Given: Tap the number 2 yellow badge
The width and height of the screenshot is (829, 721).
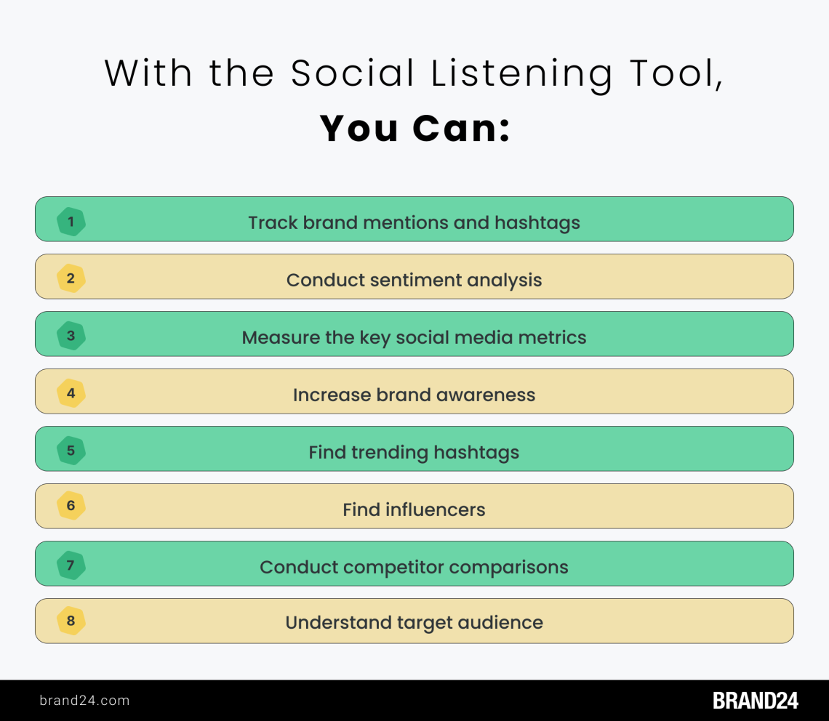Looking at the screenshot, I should click(71, 278).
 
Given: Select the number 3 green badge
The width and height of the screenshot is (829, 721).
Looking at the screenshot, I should click(71, 336).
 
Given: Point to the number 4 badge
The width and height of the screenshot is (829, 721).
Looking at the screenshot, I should click(71, 393).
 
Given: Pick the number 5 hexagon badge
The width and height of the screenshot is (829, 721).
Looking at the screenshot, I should click(71, 451).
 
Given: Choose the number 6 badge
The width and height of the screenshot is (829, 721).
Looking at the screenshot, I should click(71, 506).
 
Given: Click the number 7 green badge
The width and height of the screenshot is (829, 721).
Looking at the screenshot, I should click(71, 565).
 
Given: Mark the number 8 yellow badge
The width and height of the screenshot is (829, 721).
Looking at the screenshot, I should click(71, 621).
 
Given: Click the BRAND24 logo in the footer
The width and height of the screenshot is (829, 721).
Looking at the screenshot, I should click(756, 701).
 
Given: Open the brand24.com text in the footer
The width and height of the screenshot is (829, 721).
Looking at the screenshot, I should click(84, 701).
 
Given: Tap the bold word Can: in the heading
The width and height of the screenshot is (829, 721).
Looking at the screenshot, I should click(462, 128).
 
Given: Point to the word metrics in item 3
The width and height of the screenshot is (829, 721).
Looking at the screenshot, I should click(553, 337).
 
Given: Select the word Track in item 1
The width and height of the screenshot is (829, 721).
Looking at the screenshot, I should click(273, 222).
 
